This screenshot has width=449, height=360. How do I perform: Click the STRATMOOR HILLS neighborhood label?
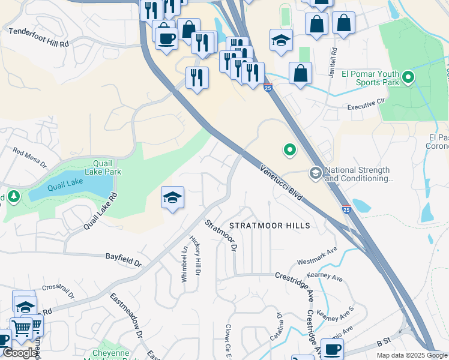(x=270, y=226)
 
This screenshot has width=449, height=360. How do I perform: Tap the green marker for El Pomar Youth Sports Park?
(x=408, y=77)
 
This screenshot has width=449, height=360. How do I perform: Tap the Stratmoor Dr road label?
(x=222, y=235)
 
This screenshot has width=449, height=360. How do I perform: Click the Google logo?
(x=20, y=353)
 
